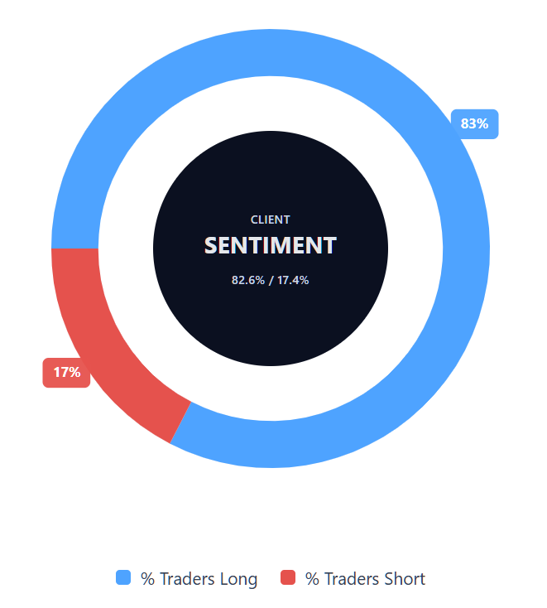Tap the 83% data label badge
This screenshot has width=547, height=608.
pos(474,124)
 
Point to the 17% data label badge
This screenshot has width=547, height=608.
pos(66,372)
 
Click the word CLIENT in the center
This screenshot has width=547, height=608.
pos(271,220)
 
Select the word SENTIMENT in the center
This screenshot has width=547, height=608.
pos(271,246)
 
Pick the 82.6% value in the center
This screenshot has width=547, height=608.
pos(248,280)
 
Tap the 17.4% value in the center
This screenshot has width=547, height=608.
pos(294,280)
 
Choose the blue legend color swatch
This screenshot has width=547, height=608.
pos(123,577)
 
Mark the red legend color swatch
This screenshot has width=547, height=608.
pos(288,577)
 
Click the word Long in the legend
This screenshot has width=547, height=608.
pos(238,578)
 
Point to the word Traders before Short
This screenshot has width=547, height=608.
pos(352,578)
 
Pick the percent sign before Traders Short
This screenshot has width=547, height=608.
pos(313,578)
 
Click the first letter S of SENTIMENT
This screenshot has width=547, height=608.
pos(211,246)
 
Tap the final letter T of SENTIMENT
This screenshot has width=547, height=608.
pos(330,246)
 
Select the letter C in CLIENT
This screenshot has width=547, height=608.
pos(254,220)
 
